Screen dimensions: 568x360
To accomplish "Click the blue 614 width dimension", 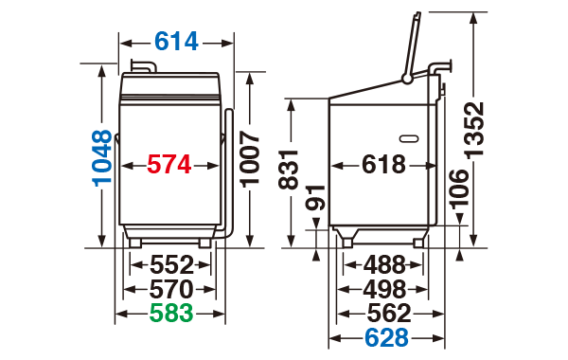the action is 176,42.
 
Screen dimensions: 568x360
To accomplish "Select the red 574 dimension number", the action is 169,165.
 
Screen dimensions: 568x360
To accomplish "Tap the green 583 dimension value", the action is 171,313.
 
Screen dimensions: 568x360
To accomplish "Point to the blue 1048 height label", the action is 103,158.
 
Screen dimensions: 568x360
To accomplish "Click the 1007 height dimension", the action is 250,159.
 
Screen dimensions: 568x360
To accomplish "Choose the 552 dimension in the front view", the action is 172,264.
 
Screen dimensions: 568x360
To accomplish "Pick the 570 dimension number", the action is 171,289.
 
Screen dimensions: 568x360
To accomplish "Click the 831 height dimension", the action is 288,170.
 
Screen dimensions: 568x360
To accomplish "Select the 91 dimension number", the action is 315,198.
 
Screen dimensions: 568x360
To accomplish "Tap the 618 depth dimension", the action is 384,164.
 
